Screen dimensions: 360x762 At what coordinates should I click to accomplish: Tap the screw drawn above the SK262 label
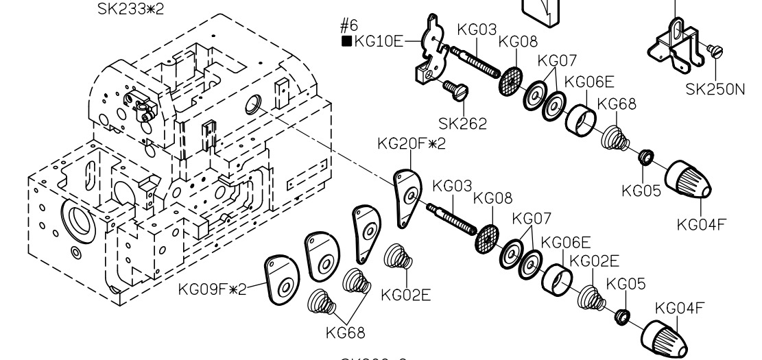click(x=455, y=88)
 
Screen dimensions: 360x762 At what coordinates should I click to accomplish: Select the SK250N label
click(x=715, y=90)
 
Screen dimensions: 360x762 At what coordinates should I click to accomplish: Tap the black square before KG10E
click(x=346, y=41)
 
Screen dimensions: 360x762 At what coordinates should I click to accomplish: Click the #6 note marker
click(x=349, y=26)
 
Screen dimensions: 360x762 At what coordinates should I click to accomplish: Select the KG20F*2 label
click(x=412, y=145)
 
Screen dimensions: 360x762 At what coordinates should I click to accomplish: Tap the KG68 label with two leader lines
click(x=346, y=333)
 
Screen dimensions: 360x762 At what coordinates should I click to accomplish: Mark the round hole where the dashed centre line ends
click(x=252, y=104)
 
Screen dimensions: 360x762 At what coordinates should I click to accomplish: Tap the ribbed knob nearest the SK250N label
click(x=689, y=180)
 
